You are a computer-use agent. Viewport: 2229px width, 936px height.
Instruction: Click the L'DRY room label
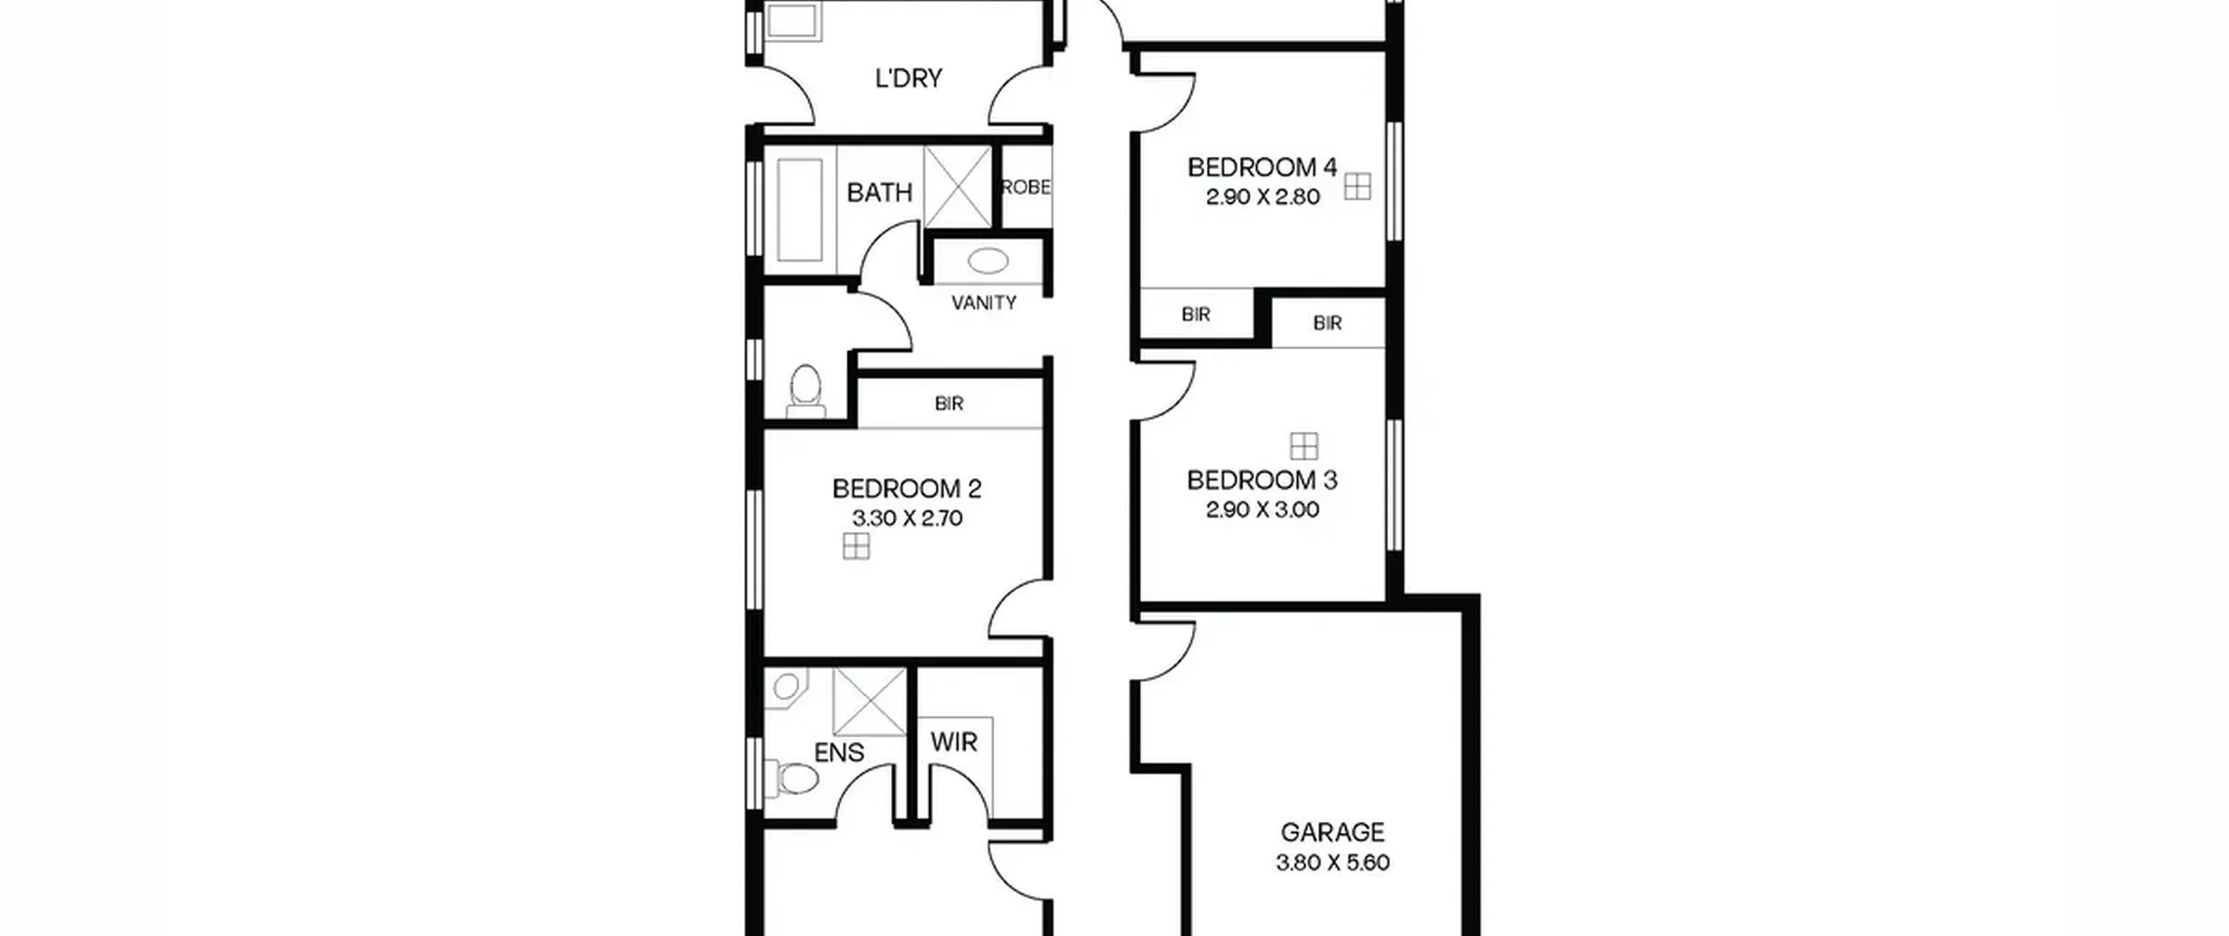tap(908, 78)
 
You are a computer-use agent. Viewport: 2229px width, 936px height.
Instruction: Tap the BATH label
tap(879, 192)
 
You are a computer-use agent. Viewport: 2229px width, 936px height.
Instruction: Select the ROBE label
tap(1027, 187)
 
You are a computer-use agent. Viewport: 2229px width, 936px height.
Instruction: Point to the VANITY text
tap(984, 303)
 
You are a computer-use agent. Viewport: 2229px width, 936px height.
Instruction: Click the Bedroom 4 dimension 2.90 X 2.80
tap(1263, 197)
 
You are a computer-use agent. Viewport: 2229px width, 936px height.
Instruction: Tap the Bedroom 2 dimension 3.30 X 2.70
tap(906, 518)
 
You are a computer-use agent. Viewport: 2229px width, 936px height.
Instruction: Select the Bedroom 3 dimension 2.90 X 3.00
tap(1263, 509)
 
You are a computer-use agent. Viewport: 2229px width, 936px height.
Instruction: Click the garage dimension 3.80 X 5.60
tap(1332, 863)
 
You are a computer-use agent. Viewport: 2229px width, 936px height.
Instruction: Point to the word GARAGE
tap(1332, 832)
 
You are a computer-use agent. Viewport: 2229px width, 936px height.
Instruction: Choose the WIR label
tap(953, 743)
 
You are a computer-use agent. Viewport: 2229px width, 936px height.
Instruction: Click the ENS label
tap(839, 752)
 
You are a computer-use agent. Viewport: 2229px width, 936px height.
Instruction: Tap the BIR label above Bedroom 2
tap(949, 404)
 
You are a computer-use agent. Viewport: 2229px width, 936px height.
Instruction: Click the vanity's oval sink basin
tap(987, 260)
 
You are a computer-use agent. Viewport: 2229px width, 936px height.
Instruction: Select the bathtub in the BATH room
tap(799, 210)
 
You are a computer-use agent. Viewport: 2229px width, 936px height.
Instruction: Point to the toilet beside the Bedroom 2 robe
tap(805, 389)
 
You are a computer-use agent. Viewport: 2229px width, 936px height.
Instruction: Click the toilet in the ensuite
tap(792, 777)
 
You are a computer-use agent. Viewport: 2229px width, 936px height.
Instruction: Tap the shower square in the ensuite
tap(870, 703)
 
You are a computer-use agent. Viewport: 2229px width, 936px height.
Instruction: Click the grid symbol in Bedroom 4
tap(1357, 186)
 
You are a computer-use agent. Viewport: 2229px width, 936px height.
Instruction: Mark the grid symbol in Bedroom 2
tap(856, 546)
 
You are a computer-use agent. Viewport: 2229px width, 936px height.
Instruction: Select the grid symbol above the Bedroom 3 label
tap(1303, 446)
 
